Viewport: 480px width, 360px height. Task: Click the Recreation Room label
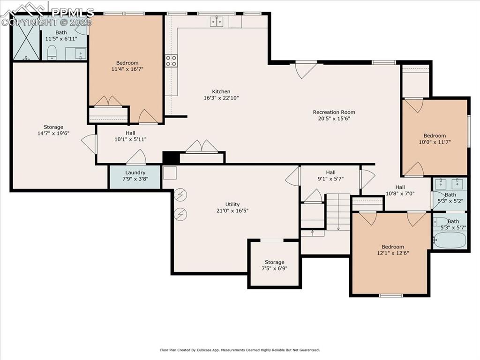point(334,112)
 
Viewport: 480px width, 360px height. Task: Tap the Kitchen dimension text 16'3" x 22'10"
point(221,98)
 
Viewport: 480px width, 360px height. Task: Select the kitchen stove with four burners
point(171,60)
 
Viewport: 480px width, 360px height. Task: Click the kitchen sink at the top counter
point(217,21)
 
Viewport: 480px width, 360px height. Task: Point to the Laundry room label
point(135,172)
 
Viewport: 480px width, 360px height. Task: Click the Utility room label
point(232,204)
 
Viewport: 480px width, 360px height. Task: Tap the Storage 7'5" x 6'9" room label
point(274,262)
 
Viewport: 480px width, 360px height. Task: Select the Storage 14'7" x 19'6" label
point(53,127)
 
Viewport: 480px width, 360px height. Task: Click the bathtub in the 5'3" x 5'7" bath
point(450,240)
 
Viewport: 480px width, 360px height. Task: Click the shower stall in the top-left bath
point(26,37)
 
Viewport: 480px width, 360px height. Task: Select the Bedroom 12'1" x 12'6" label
point(392,247)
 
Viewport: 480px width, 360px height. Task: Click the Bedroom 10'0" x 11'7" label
point(435,135)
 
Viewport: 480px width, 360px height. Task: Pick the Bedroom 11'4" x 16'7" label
point(127,63)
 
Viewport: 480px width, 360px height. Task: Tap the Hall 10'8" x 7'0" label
point(400,187)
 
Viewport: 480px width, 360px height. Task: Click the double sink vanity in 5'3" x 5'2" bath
point(450,183)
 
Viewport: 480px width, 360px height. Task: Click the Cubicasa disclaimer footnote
point(240,350)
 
